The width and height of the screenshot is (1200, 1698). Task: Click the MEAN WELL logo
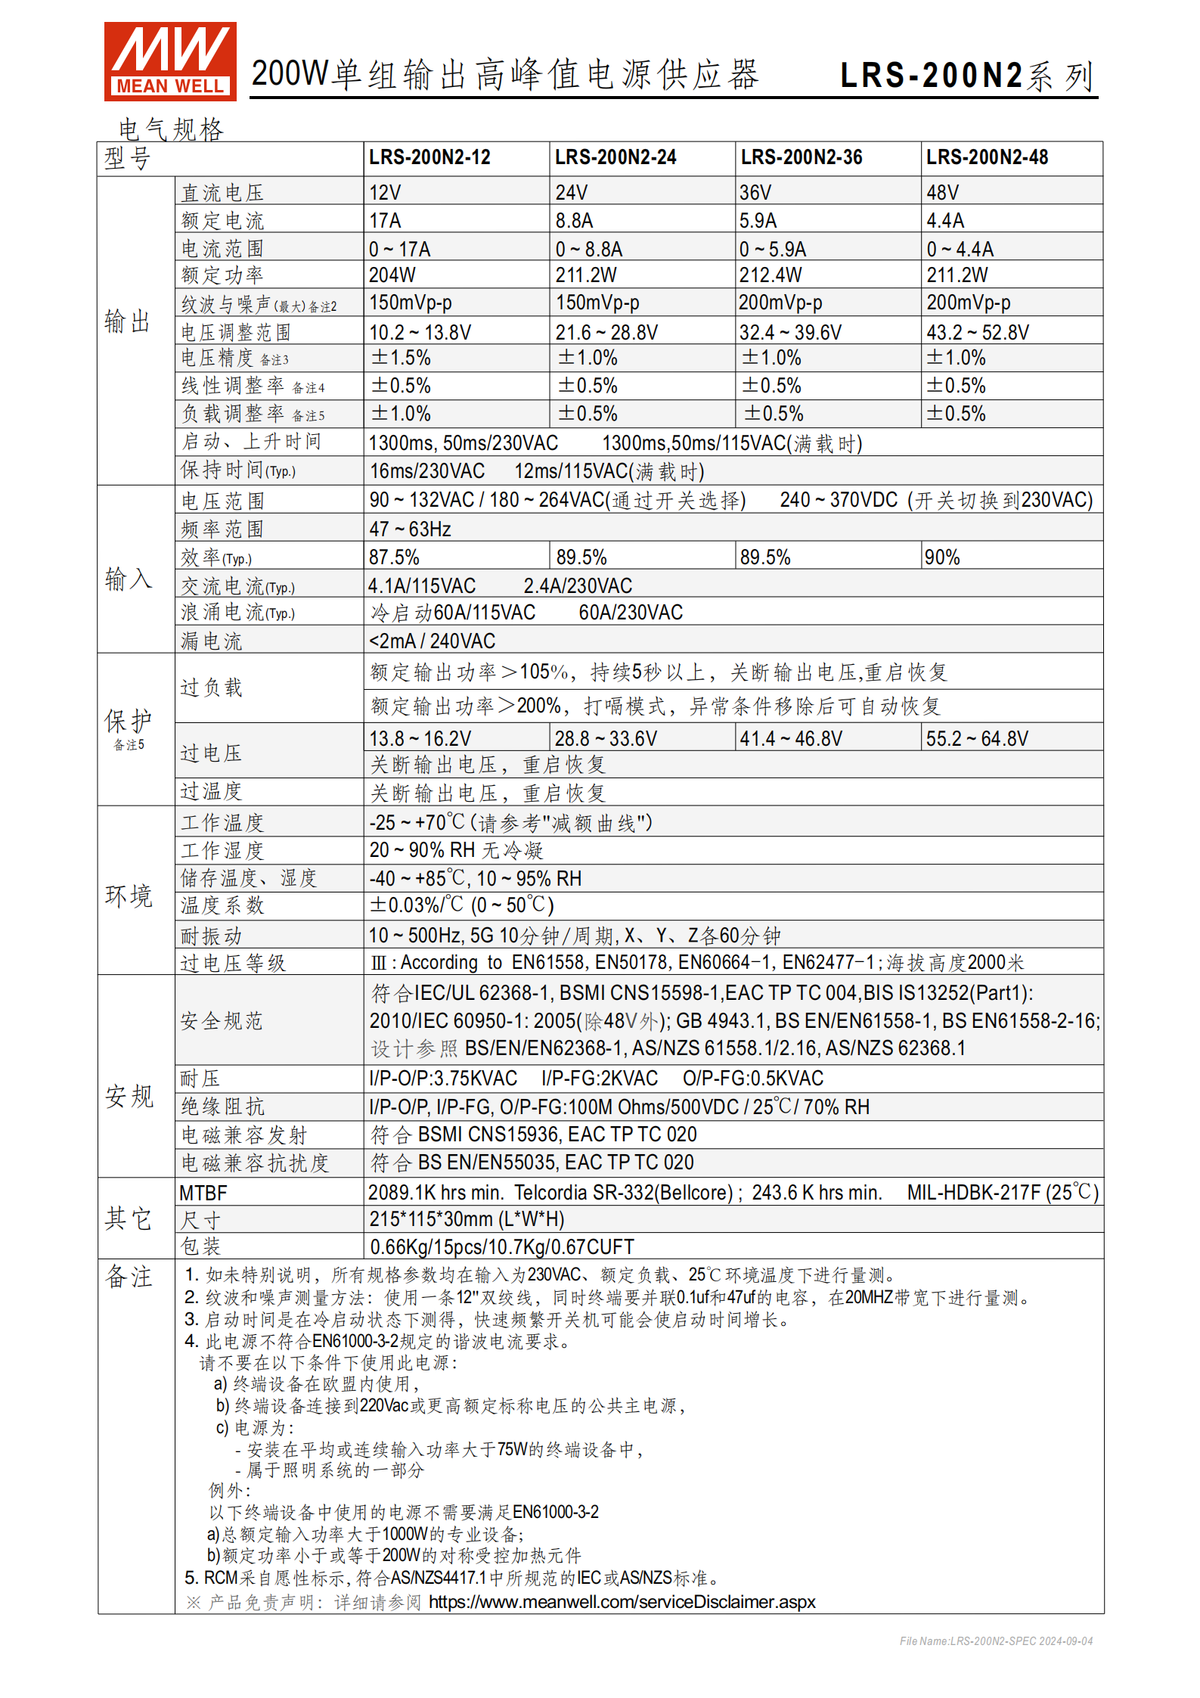[x=170, y=61]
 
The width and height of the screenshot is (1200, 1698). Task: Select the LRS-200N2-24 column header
[x=615, y=157]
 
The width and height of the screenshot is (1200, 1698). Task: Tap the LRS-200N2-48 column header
[x=987, y=157]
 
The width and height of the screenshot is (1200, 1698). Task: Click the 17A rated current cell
[x=385, y=221]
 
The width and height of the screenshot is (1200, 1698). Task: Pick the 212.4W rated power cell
[x=771, y=275]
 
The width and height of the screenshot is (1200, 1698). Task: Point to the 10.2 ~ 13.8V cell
[x=420, y=332]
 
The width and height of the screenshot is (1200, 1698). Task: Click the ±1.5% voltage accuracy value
[x=400, y=358]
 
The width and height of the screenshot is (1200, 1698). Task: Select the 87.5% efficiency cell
[x=394, y=557]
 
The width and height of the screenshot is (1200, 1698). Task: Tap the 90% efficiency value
[x=941, y=557]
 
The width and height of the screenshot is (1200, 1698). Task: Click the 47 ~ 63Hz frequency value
[x=410, y=529]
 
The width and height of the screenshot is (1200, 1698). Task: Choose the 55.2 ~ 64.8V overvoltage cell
[x=977, y=738]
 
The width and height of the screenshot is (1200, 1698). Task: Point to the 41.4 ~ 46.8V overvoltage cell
[x=790, y=738]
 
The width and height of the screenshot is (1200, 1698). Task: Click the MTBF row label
[x=203, y=1194]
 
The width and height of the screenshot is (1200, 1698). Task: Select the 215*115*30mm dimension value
[x=467, y=1219]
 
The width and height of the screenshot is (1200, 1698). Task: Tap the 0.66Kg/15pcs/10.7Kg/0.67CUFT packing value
[x=501, y=1246]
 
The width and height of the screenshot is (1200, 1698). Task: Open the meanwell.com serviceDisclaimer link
[x=622, y=1602]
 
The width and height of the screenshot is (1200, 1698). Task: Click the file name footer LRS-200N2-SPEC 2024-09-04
[x=995, y=1641]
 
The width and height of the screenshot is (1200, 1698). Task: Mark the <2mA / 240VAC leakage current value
[x=432, y=641]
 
